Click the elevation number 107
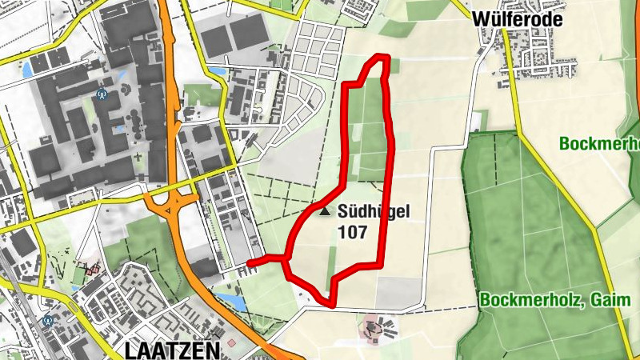352,233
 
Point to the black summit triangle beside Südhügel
324,212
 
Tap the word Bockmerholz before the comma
528,301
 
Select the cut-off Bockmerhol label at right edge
599,144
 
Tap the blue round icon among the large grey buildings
102,94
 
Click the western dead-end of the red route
250,262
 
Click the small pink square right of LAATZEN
232,343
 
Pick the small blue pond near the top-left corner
27,69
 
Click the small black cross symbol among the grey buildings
138,156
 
